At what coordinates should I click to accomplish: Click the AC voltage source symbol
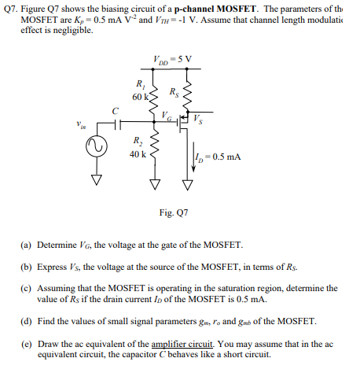(x=100, y=147)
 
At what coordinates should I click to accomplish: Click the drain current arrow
(x=189, y=153)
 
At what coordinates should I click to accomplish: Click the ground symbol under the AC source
(x=100, y=179)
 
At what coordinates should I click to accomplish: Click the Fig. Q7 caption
(x=174, y=212)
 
